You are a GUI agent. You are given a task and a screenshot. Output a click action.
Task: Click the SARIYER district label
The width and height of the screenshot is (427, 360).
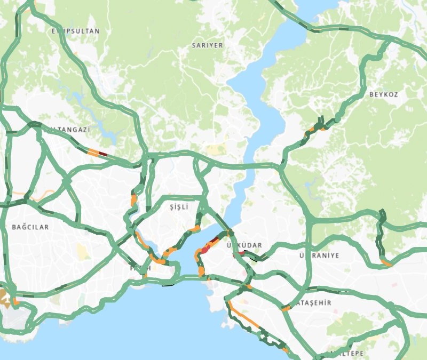coord(207,46)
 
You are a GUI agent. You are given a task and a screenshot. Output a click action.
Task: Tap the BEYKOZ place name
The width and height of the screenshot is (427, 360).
coord(383,94)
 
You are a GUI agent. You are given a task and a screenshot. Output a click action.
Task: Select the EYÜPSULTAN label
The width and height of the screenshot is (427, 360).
coord(75,31)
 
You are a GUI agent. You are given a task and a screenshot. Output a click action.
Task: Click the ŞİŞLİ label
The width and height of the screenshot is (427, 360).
coord(179,207)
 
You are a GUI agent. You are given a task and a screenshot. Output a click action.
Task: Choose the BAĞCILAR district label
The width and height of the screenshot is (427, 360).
coord(30,227)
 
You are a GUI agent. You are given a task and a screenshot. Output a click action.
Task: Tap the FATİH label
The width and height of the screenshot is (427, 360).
coord(140,268)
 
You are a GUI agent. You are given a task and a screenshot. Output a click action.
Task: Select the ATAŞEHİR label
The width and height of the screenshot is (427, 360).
coord(313,303)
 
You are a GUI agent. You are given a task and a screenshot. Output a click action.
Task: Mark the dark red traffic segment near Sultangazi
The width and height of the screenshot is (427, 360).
coord(103,155)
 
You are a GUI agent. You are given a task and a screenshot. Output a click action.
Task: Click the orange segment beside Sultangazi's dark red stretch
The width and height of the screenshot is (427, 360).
coord(93,153)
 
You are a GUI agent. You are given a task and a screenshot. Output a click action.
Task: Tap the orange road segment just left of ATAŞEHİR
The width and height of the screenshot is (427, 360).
coord(286,308)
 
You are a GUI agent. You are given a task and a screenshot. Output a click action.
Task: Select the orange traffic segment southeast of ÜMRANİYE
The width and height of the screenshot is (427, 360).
coord(386,263)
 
